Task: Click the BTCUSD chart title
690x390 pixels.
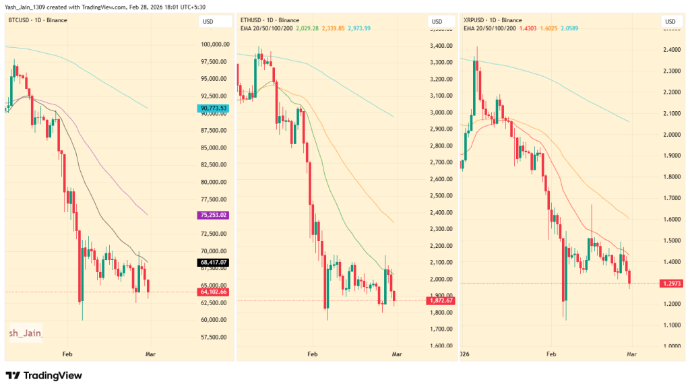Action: [36, 20]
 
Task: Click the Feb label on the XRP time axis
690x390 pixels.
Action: [551, 353]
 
